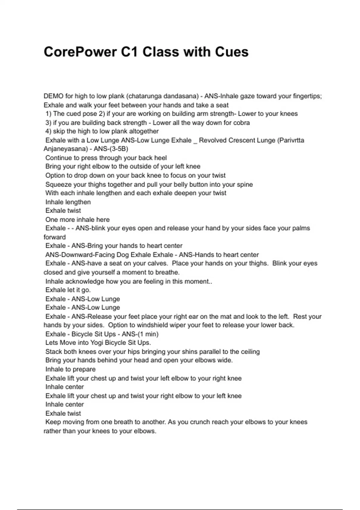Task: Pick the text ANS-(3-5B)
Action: (111, 149)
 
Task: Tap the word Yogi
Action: (85, 343)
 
